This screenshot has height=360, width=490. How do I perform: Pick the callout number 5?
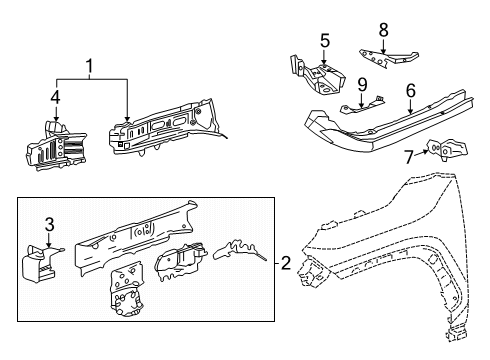(x=324, y=41)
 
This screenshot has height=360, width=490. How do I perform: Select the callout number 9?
(x=363, y=83)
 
